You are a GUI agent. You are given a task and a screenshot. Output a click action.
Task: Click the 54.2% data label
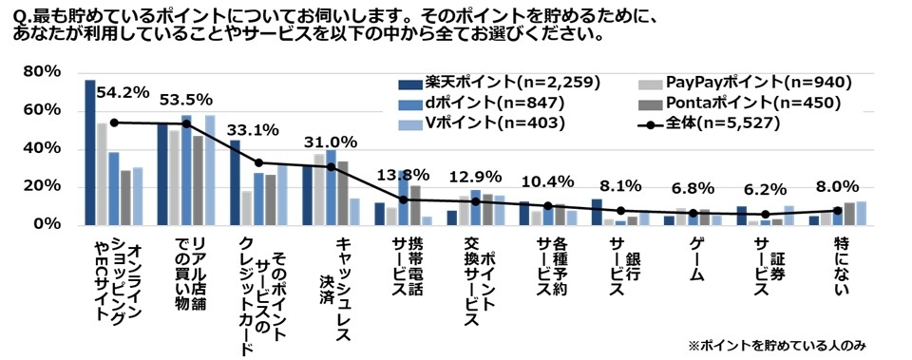point(123,92)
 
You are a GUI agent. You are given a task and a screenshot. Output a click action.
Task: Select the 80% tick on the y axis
point(42,72)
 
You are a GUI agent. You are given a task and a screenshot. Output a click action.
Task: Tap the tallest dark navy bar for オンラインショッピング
point(90,152)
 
